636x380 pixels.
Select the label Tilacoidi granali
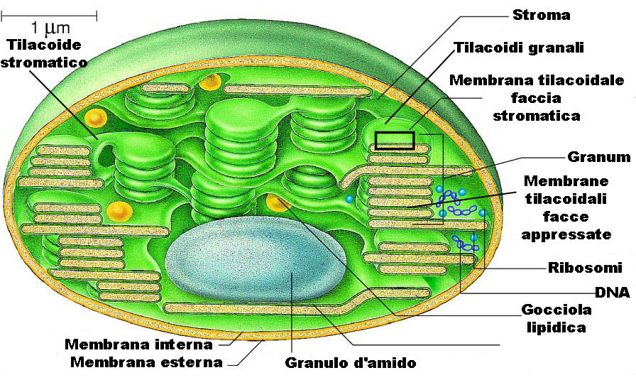coord(518,48)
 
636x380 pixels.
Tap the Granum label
coord(599,156)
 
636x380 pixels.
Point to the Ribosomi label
coord(585,268)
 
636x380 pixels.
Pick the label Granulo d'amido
coord(350,363)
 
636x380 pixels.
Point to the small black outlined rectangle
coord(395,140)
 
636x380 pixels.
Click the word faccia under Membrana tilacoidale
coord(536,97)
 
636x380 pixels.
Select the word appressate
coord(566,234)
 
